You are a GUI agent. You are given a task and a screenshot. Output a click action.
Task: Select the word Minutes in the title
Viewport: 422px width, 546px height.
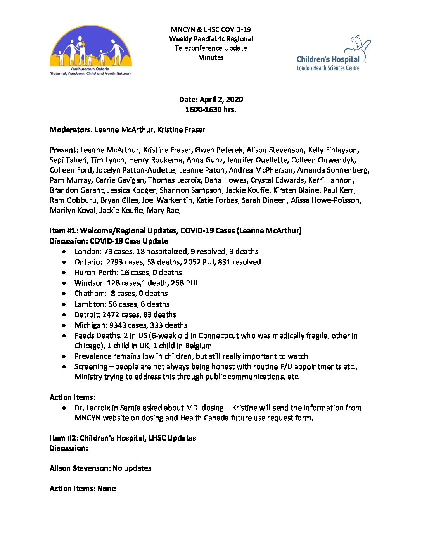point(211,57)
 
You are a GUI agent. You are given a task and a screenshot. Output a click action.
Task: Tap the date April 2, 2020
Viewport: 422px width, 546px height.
point(221,99)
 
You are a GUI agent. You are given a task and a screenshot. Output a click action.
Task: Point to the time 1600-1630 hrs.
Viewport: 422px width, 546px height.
point(211,109)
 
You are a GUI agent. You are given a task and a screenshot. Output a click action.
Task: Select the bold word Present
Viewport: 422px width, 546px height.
point(64,150)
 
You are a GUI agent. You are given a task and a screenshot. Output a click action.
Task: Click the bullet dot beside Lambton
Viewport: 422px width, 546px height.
point(64,304)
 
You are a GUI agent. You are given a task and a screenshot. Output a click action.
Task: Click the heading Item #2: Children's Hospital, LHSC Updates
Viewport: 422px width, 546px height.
point(123,438)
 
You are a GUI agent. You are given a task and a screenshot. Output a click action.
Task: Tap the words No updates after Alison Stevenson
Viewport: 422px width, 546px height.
point(132,468)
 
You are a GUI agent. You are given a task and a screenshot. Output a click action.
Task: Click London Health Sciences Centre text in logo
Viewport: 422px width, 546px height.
point(328,68)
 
